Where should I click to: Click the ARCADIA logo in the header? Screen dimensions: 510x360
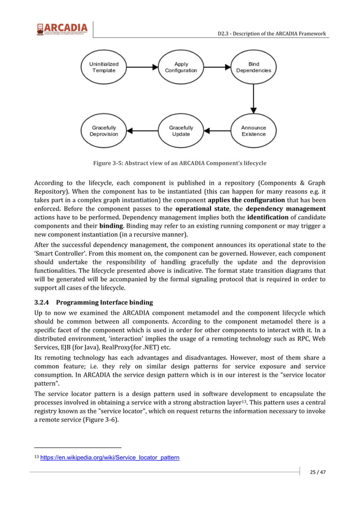[x=62, y=29]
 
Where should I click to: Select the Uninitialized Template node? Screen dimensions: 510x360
[x=104, y=67]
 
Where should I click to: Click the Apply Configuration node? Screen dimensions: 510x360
[x=181, y=67]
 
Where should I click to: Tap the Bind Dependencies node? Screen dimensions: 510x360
[x=253, y=67]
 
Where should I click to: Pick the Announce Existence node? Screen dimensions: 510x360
[x=253, y=131]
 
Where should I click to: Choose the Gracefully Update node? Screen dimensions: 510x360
[x=181, y=131]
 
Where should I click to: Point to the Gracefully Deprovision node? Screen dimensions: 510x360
[x=104, y=131]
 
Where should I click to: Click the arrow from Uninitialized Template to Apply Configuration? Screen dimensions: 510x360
[x=142, y=67]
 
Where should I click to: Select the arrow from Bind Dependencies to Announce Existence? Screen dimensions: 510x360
[x=253, y=99]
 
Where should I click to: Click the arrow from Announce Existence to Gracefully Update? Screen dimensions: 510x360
[x=217, y=131]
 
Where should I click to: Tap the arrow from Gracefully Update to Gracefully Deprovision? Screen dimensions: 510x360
[x=142, y=131]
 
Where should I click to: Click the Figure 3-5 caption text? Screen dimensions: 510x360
[x=180, y=163]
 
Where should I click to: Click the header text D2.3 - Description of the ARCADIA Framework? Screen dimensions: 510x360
[x=271, y=34]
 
